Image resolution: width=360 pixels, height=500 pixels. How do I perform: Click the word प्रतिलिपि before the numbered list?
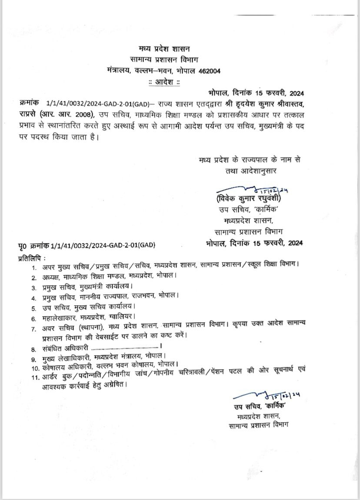click(32, 257)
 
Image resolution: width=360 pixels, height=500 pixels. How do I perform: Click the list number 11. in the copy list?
click(35, 377)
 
